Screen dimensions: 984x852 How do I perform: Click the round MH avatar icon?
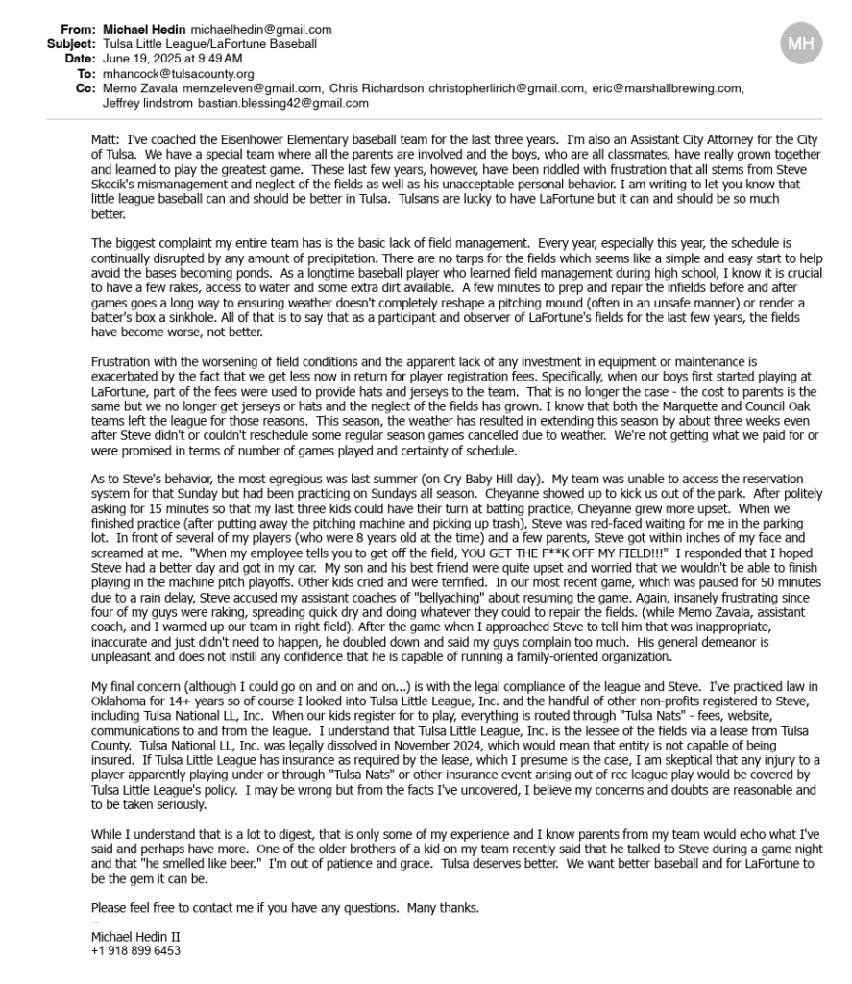(x=801, y=44)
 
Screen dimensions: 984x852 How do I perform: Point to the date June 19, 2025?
(x=136, y=59)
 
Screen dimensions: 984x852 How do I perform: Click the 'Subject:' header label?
(x=72, y=44)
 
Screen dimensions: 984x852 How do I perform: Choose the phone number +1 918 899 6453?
(x=134, y=950)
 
